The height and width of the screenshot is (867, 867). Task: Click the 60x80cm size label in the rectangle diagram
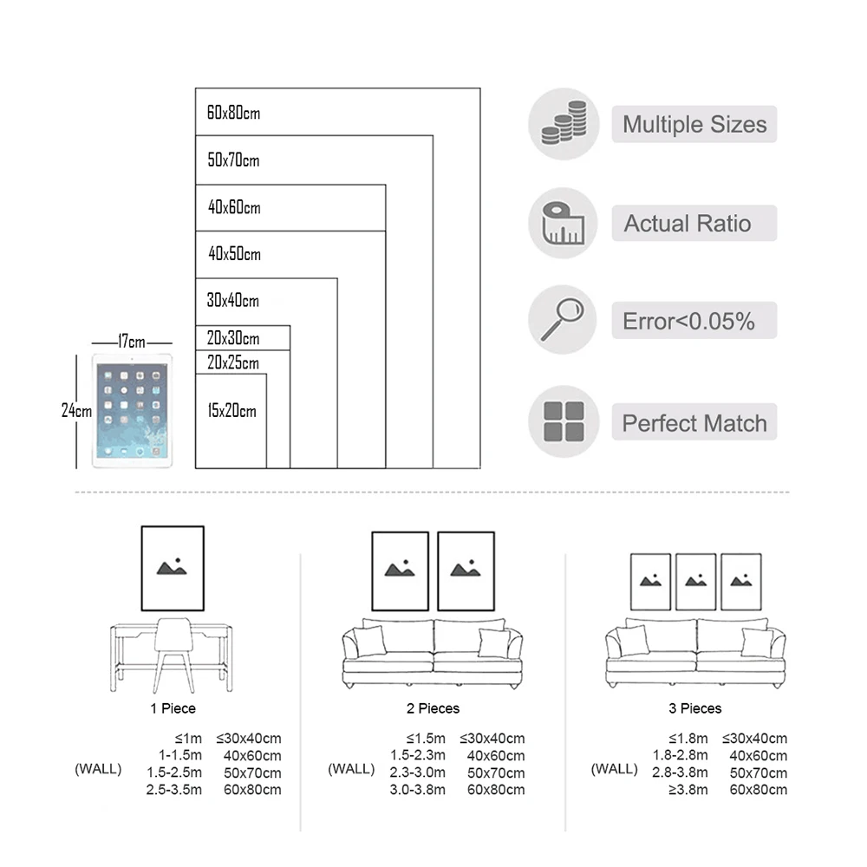click(x=233, y=113)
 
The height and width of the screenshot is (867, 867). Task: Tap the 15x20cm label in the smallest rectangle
click(x=231, y=411)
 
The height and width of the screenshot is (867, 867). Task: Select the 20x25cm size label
click(x=232, y=362)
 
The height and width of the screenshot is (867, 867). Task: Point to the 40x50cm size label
click(x=234, y=254)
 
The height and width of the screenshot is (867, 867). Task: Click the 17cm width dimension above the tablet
click(x=132, y=342)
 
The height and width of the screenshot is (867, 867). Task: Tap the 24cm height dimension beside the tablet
click(x=76, y=411)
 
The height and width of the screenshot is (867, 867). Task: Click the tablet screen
click(x=132, y=411)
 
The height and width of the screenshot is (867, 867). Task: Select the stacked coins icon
click(x=564, y=123)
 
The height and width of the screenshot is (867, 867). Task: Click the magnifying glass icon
click(x=563, y=319)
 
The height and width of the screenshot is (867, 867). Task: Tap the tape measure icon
click(x=563, y=223)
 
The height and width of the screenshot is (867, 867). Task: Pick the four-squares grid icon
click(x=564, y=421)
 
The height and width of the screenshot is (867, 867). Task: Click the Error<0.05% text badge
click(x=694, y=321)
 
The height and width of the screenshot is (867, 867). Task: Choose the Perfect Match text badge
click(x=694, y=422)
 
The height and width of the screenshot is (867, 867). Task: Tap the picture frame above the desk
click(x=173, y=569)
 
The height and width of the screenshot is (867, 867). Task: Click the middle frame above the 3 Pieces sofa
click(x=695, y=582)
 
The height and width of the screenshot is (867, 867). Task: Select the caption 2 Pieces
click(x=433, y=708)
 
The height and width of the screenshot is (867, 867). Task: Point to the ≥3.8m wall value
click(x=688, y=790)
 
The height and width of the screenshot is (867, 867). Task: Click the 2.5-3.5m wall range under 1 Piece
click(x=173, y=790)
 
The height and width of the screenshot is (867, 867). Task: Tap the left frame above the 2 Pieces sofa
click(x=401, y=571)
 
